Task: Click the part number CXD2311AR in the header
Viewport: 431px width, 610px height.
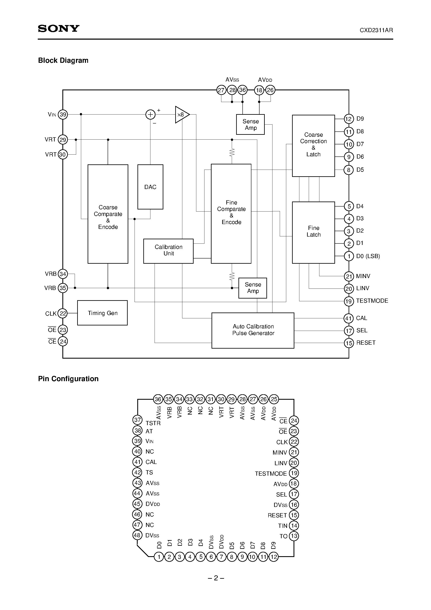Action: [376, 30]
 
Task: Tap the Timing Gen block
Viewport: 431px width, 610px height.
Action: [102, 313]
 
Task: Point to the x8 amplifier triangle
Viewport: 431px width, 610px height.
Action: [181, 115]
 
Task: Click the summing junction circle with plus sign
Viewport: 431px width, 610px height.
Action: [150, 115]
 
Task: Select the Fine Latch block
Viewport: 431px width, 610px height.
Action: [313, 232]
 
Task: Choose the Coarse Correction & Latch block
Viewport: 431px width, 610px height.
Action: [313, 145]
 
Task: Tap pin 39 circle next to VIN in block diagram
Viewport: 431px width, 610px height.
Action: [63, 115]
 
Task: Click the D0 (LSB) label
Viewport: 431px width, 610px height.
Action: [368, 256]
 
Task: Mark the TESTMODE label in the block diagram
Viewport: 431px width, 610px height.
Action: [372, 301]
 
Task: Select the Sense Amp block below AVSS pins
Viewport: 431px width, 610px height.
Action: [250, 124]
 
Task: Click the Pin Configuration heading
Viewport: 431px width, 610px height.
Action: [68, 379]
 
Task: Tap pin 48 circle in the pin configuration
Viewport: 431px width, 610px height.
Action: [137, 535]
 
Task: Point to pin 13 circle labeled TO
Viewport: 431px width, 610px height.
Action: [294, 536]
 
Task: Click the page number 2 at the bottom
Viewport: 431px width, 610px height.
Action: [216, 578]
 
